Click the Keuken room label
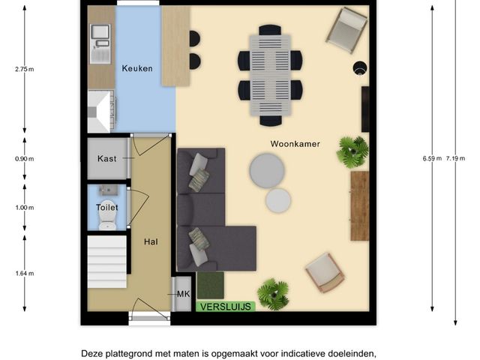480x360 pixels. pyautogui.click(x=137, y=68)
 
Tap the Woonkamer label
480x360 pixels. pyautogui.click(x=295, y=144)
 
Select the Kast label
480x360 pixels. pyautogui.click(x=106, y=158)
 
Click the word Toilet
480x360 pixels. pyautogui.click(x=106, y=208)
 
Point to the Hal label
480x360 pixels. pyautogui.click(x=151, y=241)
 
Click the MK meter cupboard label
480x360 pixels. pyautogui.click(x=183, y=294)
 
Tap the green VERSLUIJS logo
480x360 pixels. pyautogui.click(x=226, y=307)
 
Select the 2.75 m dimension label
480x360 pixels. pyautogui.click(x=25, y=69)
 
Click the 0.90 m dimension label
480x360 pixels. pyautogui.click(x=25, y=159)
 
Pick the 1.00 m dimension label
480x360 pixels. pyautogui.click(x=25, y=208)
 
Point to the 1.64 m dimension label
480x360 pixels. pyautogui.click(x=25, y=273)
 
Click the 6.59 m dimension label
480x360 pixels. pyautogui.click(x=432, y=158)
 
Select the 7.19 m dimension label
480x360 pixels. pyautogui.click(x=455, y=158)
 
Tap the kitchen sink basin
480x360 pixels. pyautogui.click(x=100, y=31)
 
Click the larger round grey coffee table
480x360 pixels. pyautogui.click(x=267, y=171)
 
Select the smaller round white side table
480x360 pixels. pyautogui.click(x=278, y=200)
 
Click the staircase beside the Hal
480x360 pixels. pyautogui.click(x=106, y=262)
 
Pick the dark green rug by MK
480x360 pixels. pyautogui.click(x=210, y=285)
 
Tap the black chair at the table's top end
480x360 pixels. pyautogui.click(x=270, y=30)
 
